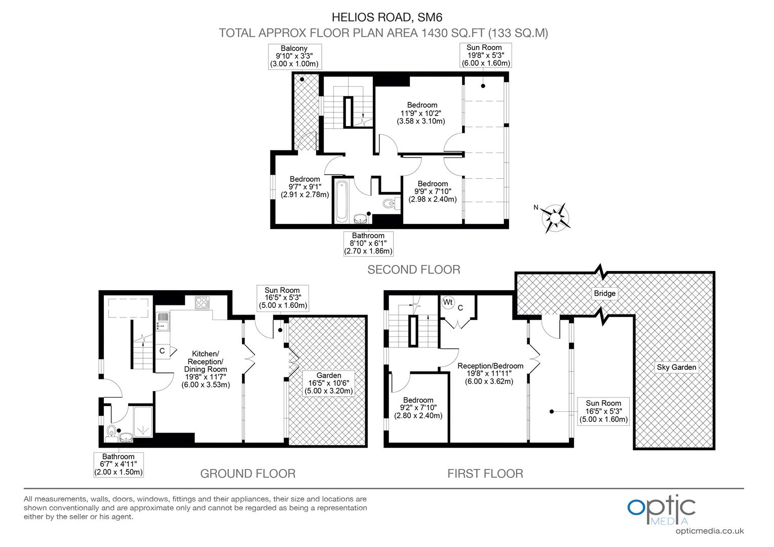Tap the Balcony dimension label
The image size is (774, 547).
tap(294, 56)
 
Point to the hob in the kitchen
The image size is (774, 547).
tap(202, 302)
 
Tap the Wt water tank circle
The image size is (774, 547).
tap(448, 302)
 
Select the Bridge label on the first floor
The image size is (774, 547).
tap(605, 293)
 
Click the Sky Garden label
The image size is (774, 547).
tap(676, 367)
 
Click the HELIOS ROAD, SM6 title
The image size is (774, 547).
tap(387, 17)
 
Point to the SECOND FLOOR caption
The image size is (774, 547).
tap(413, 269)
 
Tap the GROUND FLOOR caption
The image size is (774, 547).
tap(248, 474)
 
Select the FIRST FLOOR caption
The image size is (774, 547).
tap(485, 474)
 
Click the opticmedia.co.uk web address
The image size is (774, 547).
tap(709, 531)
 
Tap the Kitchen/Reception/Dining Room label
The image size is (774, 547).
tap(205, 369)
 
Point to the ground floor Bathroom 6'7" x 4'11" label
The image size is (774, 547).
tap(119, 464)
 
